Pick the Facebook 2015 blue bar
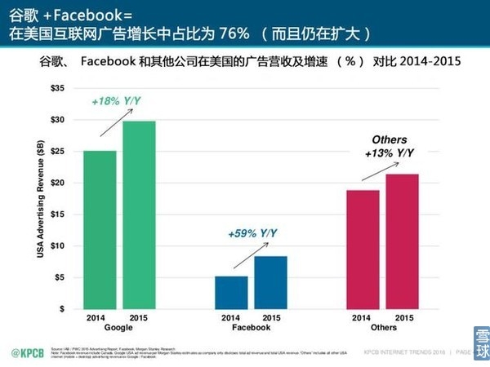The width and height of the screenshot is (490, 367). pyautogui.click(x=270, y=282)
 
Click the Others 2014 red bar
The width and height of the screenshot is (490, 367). pyautogui.click(x=363, y=249)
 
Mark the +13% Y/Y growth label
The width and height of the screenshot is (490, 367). pyautogui.click(x=389, y=153)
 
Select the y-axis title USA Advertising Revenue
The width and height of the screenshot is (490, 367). pyautogui.click(x=40, y=199)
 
